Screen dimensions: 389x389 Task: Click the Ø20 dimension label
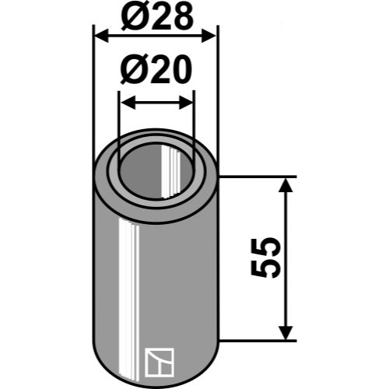156,69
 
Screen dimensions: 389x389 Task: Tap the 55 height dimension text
266,258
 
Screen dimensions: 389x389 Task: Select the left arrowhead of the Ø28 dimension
101,36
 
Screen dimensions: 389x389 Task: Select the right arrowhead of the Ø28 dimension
209,36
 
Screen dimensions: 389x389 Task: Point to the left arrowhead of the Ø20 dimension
128,103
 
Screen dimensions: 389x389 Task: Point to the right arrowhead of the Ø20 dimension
186,103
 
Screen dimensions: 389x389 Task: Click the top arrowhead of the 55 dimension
286,185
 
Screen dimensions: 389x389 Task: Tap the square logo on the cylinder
159,363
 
